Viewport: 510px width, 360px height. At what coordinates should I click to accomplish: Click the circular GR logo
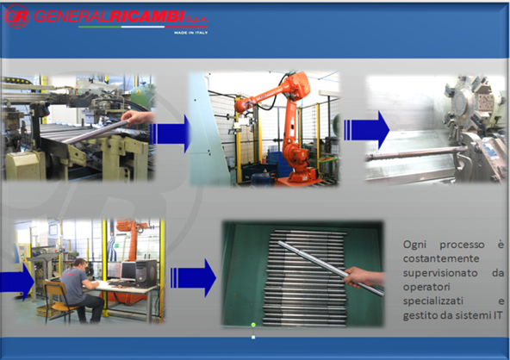(17, 16)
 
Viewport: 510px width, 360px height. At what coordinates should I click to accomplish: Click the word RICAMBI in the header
(147, 16)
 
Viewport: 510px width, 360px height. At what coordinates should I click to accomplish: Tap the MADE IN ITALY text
(190, 33)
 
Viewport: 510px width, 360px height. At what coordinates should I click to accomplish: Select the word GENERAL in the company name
(72, 16)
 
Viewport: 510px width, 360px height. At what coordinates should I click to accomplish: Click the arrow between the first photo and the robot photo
(171, 133)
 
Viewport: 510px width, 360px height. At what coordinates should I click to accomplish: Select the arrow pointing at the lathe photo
(367, 130)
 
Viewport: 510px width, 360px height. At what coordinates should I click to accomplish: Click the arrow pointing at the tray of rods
(193, 278)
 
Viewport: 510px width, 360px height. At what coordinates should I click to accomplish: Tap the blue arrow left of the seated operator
(17, 282)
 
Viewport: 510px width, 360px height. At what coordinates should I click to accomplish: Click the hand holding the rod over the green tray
(364, 276)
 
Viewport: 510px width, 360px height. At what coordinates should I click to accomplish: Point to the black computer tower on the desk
(146, 272)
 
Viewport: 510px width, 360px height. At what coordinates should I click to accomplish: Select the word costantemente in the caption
(441, 258)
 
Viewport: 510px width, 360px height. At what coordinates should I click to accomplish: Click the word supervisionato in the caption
(440, 273)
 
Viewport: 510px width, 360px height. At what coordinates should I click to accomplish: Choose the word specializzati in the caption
(433, 301)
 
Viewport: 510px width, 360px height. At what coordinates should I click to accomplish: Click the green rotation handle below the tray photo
(253, 325)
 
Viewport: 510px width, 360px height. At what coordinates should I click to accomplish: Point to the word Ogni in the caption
(414, 245)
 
